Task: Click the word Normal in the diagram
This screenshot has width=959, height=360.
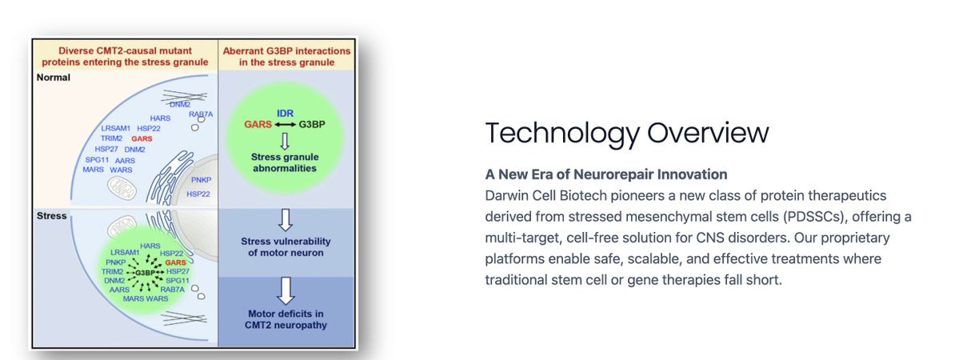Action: point(54,78)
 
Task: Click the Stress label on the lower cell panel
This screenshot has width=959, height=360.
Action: point(51,216)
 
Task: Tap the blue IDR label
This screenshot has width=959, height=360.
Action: point(285,114)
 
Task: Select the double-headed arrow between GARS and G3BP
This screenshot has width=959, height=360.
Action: point(285,124)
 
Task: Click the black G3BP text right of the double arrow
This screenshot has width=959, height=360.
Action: point(312,124)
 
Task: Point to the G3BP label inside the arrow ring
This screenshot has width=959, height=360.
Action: point(145,272)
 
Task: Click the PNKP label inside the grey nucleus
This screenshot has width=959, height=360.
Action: point(201,180)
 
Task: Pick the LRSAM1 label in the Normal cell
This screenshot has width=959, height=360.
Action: point(116,129)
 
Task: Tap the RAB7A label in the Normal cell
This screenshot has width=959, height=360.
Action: point(201,114)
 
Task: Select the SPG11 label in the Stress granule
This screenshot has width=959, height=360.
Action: point(178,281)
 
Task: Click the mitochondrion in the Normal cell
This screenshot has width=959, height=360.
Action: point(123,186)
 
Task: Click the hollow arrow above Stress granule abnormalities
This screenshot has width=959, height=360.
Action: point(285,142)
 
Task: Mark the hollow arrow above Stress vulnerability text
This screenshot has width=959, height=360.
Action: point(285,220)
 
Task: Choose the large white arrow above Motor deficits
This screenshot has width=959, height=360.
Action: point(286,291)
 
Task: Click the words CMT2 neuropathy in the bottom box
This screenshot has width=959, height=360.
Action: point(286,325)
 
